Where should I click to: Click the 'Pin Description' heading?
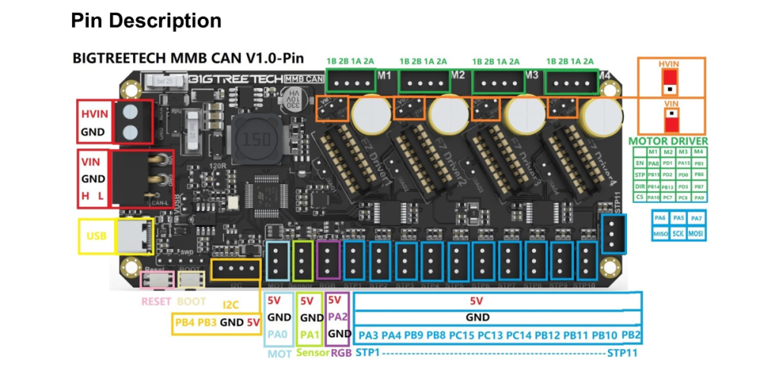point(146,20)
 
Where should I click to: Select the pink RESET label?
point(157,301)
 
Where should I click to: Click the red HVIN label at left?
point(95,114)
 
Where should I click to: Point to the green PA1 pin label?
point(307,334)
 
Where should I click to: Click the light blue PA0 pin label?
point(279,334)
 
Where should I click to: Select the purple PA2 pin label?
point(338,317)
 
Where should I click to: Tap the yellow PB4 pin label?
point(185,322)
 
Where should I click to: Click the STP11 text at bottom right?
point(622,354)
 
